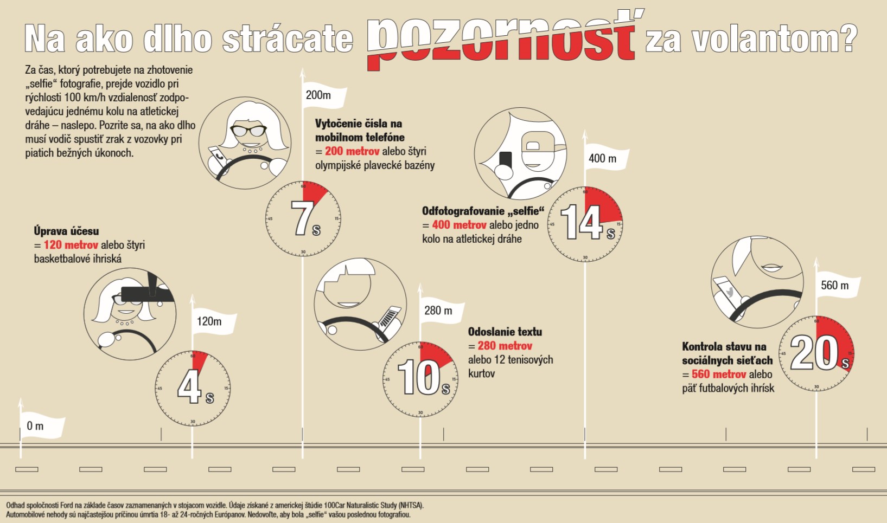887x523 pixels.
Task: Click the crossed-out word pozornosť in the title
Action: tap(502, 39)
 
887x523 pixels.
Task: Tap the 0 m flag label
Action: tap(35, 426)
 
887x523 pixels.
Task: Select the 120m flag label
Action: tap(209, 321)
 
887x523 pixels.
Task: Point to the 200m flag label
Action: tap(318, 95)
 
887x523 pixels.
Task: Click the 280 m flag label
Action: tap(438, 311)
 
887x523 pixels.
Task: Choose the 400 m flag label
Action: tap(603, 158)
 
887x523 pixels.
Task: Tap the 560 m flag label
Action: tap(834, 286)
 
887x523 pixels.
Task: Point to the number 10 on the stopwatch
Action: tap(419, 378)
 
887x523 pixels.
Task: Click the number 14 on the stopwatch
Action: tap(582, 222)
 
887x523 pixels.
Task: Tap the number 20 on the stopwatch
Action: tap(814, 353)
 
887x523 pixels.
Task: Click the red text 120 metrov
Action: tap(71, 245)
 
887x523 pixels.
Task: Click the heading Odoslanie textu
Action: tap(505, 332)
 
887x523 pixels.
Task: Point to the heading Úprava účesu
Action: tap(66, 231)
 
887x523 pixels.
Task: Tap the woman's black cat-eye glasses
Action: tap(248, 131)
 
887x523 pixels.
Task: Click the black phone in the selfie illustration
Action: tap(505, 159)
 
